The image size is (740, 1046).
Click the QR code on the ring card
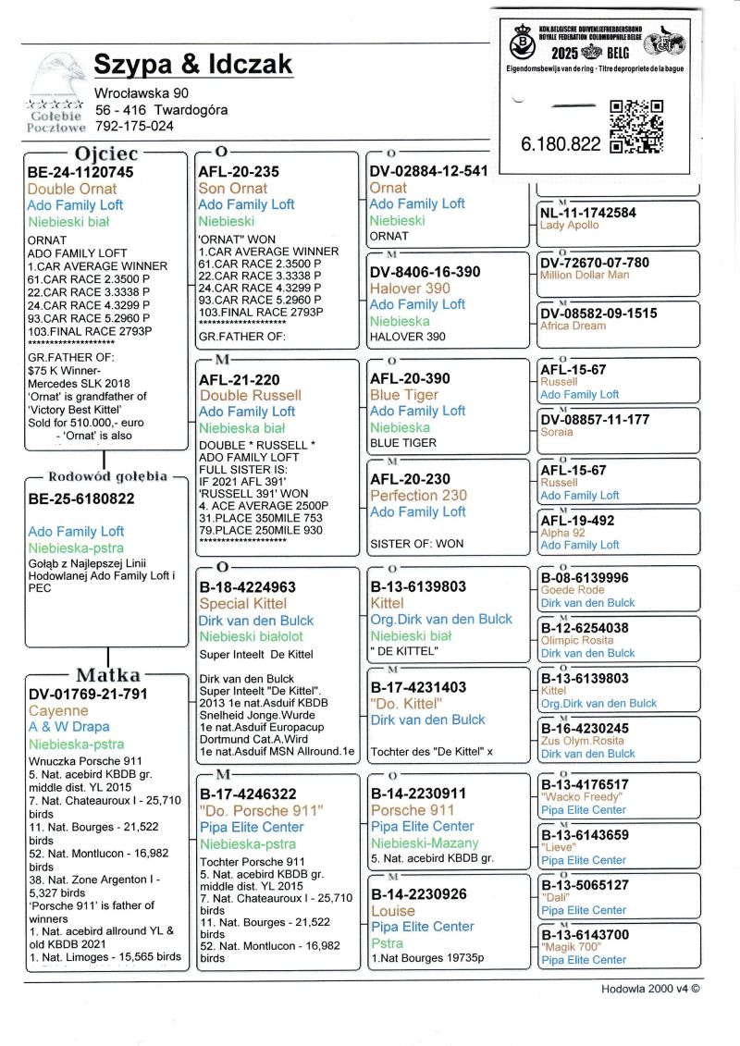point(636,127)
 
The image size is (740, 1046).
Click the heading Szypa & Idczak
point(193,64)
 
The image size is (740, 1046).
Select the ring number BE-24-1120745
point(80,172)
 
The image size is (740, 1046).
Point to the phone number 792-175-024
point(134,126)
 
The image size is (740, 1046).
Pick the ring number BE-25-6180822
point(81,499)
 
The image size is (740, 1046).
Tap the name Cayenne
point(58,710)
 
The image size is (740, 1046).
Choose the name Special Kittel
point(243,604)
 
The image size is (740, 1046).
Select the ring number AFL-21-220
point(239,379)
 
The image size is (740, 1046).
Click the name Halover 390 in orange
point(410,289)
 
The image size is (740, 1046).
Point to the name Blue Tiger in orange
point(405,395)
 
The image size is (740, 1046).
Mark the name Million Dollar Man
point(584,276)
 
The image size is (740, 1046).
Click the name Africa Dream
point(573,326)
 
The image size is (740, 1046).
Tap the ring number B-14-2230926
point(418,894)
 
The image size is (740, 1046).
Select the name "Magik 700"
point(570,947)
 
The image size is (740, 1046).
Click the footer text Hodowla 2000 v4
point(650,989)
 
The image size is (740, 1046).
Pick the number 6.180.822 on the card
point(561,144)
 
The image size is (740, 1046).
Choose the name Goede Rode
point(572,590)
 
